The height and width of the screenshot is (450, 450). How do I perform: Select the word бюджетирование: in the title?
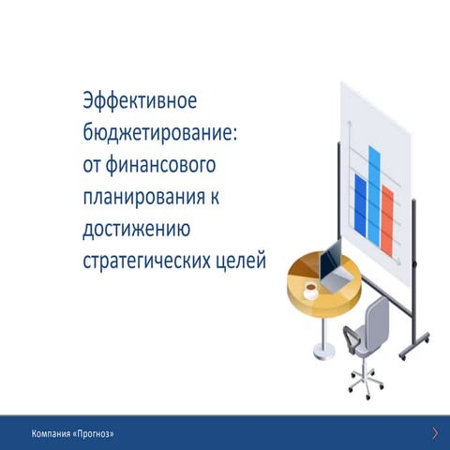pos(160,133)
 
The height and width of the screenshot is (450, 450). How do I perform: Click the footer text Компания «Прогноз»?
pos(73,433)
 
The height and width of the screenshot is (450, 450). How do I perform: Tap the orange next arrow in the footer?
pos(435,432)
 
